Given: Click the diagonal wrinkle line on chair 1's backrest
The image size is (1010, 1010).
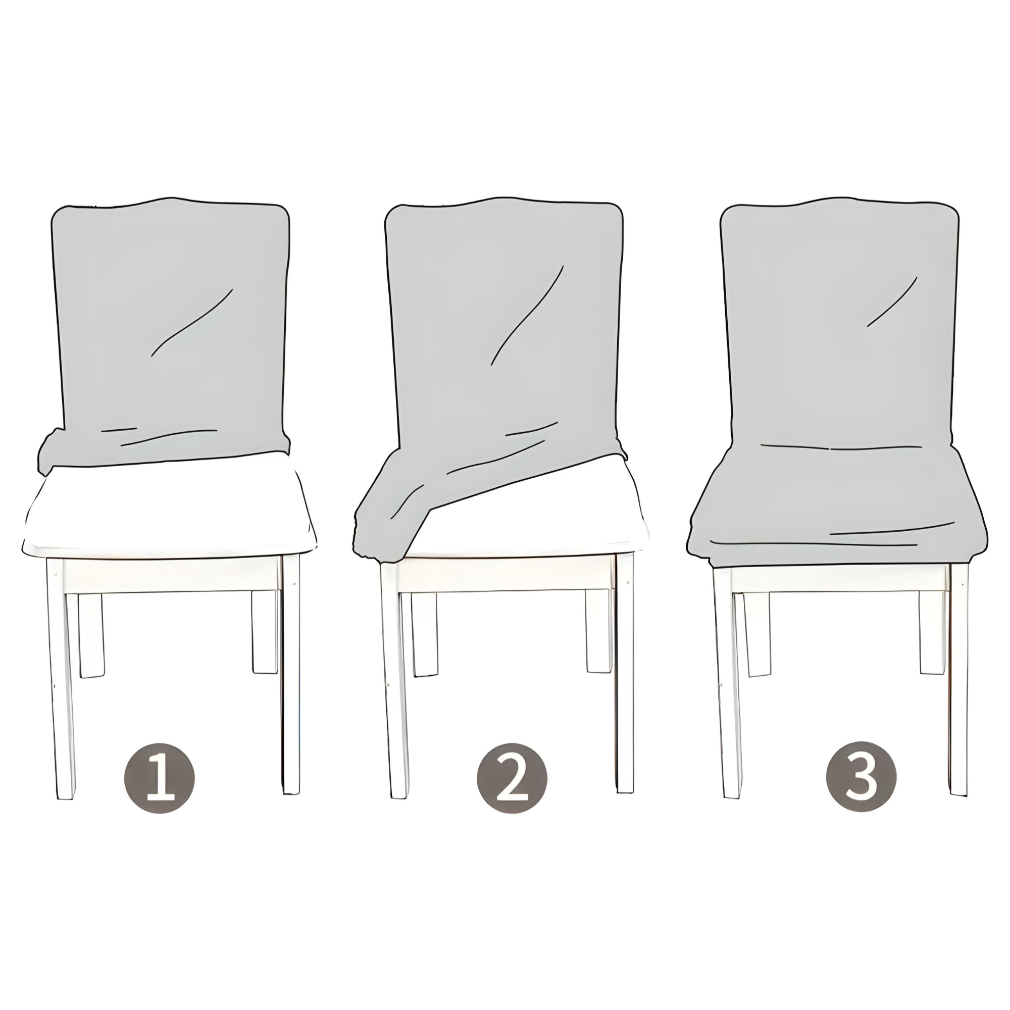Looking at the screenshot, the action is pos(191,323).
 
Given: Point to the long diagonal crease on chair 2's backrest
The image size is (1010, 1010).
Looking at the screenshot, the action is pos(527,315).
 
